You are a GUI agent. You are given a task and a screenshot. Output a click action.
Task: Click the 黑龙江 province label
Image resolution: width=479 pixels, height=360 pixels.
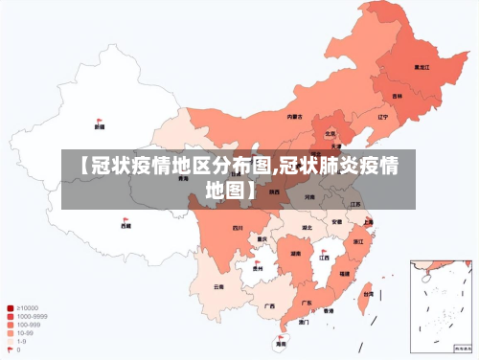click(x=421, y=67)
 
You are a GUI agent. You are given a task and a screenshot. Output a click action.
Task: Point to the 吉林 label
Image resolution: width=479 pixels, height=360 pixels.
click(x=397, y=96)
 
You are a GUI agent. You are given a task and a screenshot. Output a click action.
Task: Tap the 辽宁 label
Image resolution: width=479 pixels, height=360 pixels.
click(x=382, y=117)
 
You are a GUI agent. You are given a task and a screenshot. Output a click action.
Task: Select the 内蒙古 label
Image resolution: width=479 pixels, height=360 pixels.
click(x=294, y=117)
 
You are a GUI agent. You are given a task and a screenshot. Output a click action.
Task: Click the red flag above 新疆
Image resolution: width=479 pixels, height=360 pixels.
click(x=100, y=120)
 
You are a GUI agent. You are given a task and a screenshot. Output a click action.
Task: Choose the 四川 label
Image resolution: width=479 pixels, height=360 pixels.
click(x=237, y=229)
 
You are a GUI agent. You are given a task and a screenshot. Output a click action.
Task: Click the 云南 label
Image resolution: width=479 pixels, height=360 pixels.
click(x=218, y=285)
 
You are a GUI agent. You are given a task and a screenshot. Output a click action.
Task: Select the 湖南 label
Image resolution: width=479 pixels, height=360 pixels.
click(x=295, y=254)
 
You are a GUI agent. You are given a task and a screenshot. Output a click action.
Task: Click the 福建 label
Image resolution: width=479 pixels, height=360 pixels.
click(x=345, y=273)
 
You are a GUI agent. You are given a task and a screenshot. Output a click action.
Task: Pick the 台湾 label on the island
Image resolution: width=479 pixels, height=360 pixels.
click(x=368, y=295)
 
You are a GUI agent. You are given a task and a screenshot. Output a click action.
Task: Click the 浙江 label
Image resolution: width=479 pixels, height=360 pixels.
click(x=358, y=242)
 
